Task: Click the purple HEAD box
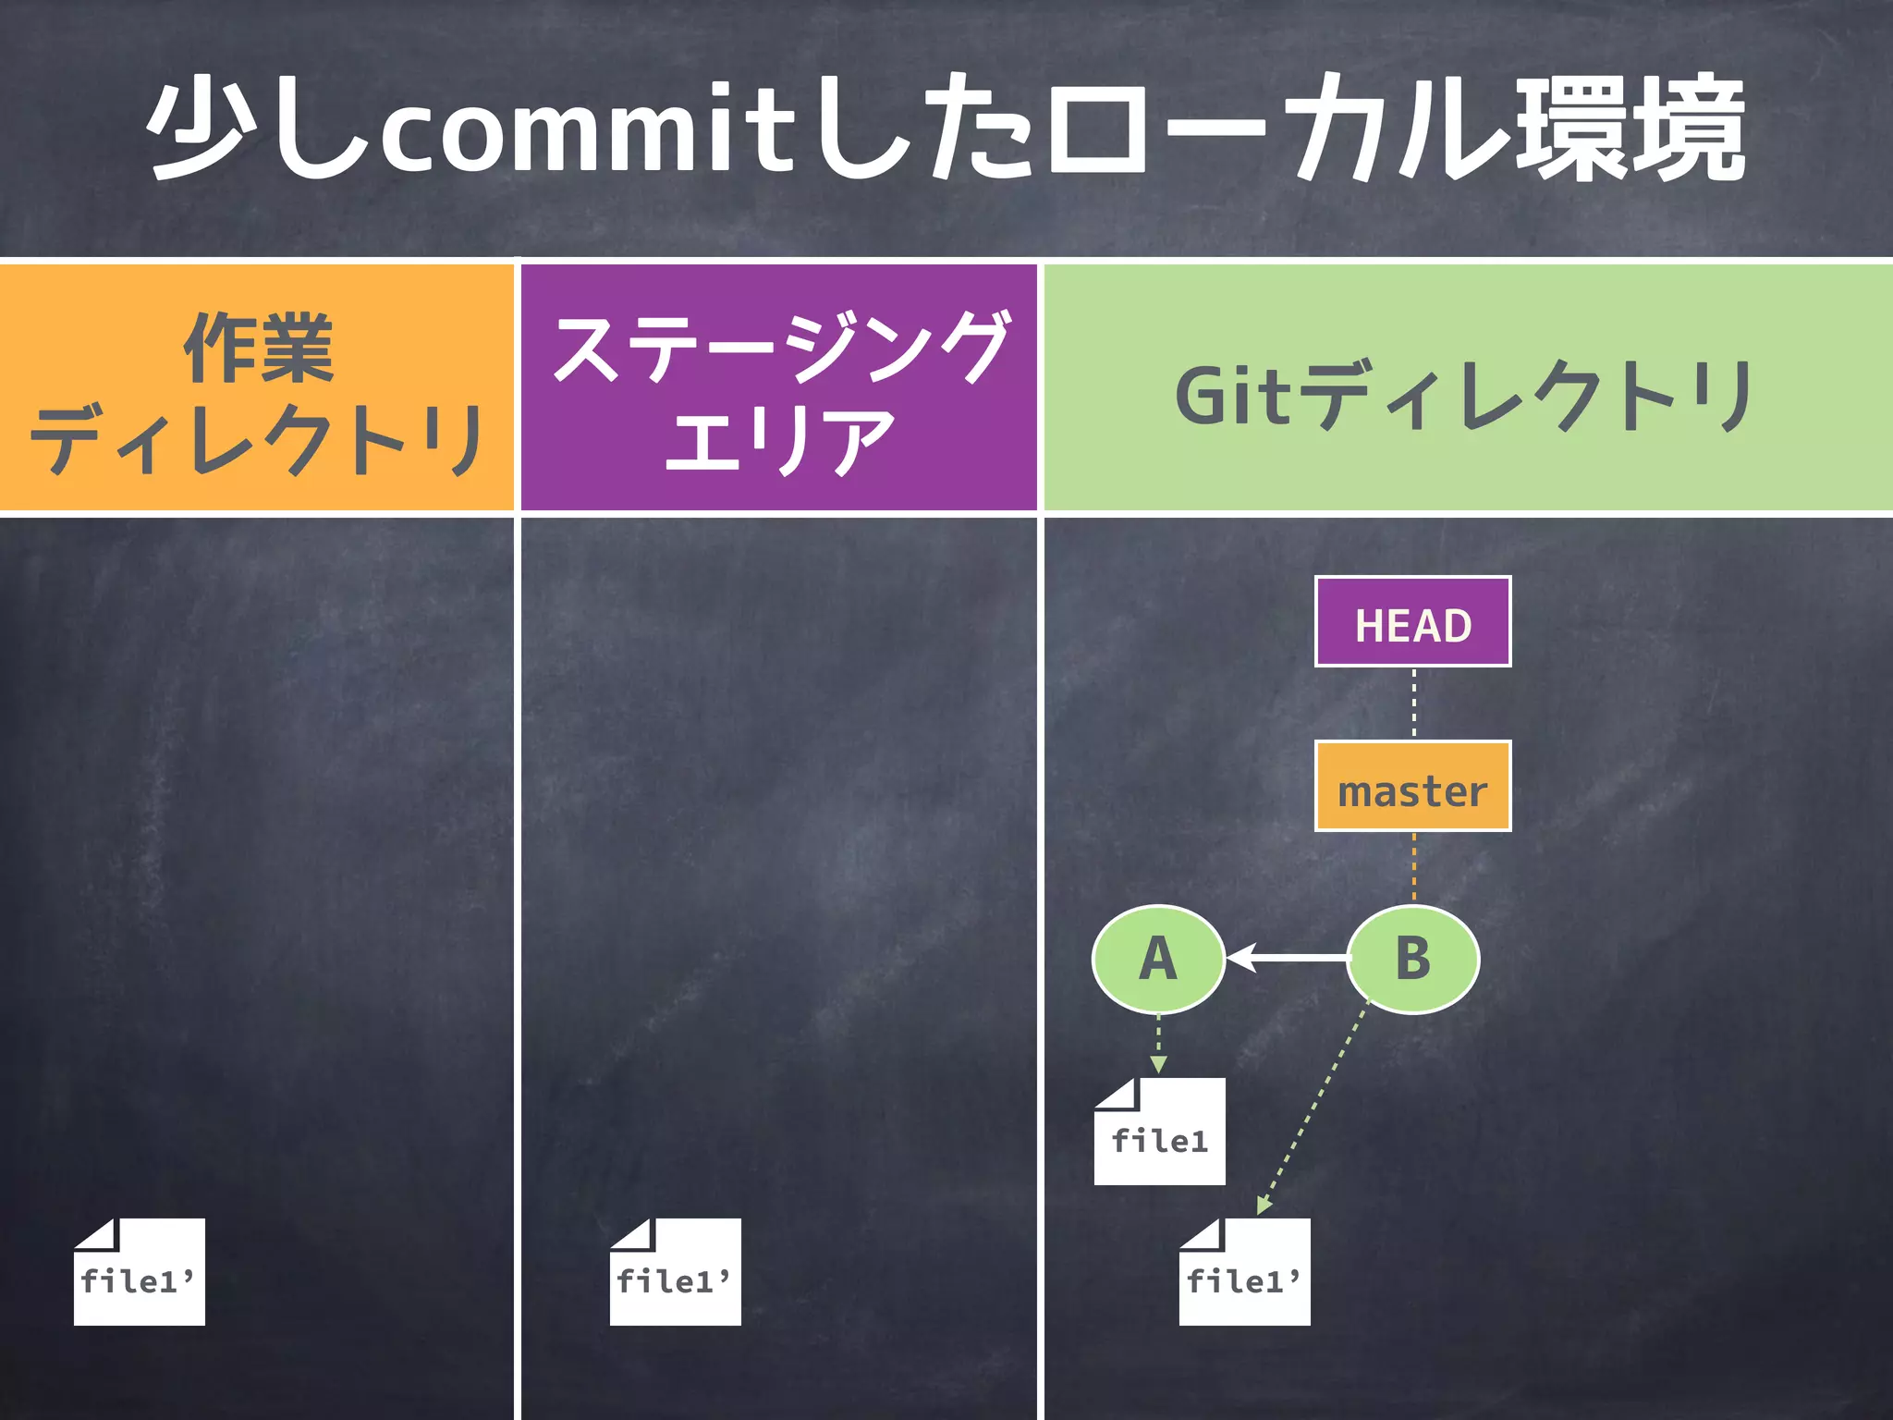pyautogui.click(x=1412, y=622)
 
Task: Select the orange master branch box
pyautogui.click(x=1412, y=787)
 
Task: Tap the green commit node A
pyautogui.click(x=1158, y=959)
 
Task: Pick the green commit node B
pyautogui.click(x=1412, y=959)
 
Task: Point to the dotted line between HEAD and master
pyautogui.click(x=1413, y=703)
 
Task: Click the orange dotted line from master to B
pyautogui.click(x=1413, y=867)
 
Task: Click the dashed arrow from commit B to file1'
pyautogui.click(x=1313, y=1109)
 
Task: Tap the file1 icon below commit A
pyautogui.click(x=1160, y=1132)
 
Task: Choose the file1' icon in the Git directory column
pyautogui.click(x=1244, y=1273)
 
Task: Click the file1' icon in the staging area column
pyautogui.click(x=675, y=1273)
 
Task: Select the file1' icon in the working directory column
pyautogui.click(x=139, y=1273)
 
